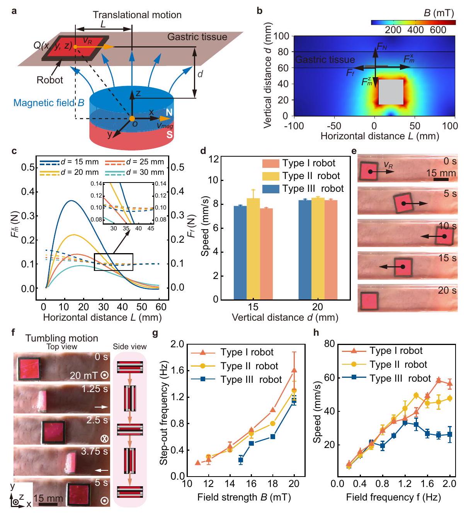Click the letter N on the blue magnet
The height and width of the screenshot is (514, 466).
click(169, 112)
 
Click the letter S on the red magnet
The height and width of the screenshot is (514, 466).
click(169, 135)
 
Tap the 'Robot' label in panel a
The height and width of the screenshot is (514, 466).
click(50, 80)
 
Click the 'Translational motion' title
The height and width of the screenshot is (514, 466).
click(137, 15)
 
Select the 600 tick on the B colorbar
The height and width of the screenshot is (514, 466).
click(438, 30)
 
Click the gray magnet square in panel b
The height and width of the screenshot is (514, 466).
click(391, 92)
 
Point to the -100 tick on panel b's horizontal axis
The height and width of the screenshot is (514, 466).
click(294, 126)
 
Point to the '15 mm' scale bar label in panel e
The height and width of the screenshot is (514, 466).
click(441, 173)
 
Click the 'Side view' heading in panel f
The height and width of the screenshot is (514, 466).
click(130, 347)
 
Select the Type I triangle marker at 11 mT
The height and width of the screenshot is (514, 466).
click(198, 463)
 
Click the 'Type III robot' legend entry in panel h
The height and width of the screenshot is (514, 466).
click(400, 379)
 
